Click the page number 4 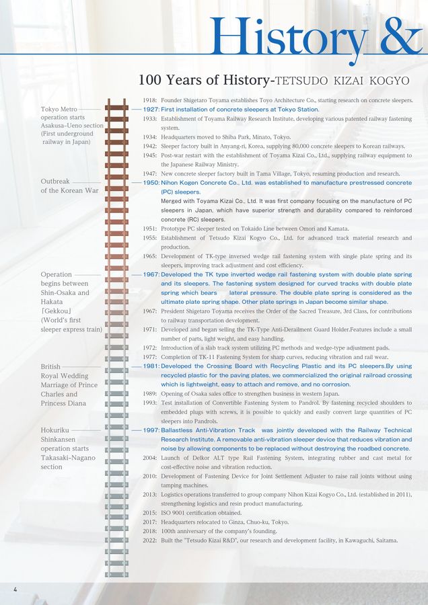tap(15, 590)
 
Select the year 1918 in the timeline tap(151, 100)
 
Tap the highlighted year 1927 tap(151, 109)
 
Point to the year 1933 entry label tap(151, 118)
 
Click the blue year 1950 tap(151, 183)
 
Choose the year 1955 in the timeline tap(151, 238)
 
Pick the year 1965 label tap(151, 256)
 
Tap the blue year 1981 tap(151, 366)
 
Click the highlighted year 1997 tap(151, 430)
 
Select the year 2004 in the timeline tap(151, 458)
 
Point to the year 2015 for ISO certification tap(151, 513)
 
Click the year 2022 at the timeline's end tap(151, 540)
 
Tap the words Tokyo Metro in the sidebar tap(59, 109)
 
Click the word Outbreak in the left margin tap(55, 182)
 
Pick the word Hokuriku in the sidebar tap(55, 430)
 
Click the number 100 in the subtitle tap(149, 80)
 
